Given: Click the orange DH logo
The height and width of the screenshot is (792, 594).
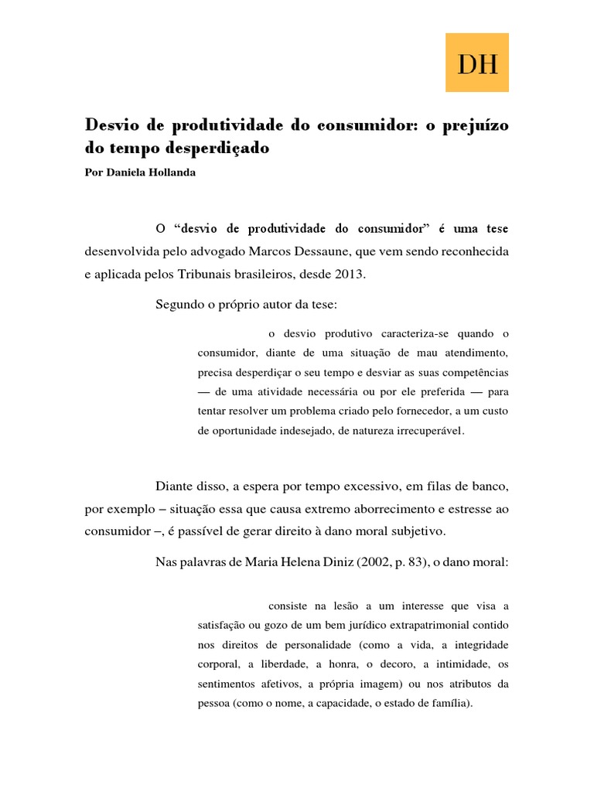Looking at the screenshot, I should (477, 62).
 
